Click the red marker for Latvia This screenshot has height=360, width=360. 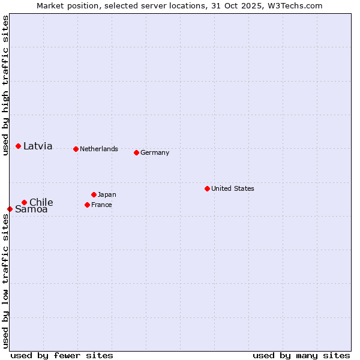[19, 146]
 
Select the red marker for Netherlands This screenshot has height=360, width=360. [76, 149]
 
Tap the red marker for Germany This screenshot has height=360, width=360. [136, 152]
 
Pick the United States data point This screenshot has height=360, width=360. [207, 188]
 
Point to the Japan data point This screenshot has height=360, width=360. [94, 194]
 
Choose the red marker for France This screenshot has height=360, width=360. [87, 205]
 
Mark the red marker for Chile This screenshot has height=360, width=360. [24, 202]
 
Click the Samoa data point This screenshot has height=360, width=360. [10, 209]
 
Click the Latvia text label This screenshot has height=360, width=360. [38, 146]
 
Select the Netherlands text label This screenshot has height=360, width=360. [99, 149]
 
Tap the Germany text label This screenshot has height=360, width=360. [155, 152]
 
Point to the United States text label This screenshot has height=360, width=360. [233, 188]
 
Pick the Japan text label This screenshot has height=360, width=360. [107, 194]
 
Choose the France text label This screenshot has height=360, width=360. [101, 205]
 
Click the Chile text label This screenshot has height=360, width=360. [41, 202]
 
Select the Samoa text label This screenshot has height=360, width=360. [31, 209]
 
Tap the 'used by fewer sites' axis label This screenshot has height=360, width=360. [62, 355]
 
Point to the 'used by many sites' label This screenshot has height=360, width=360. [301, 355]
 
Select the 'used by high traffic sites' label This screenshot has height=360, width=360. [5, 85]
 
